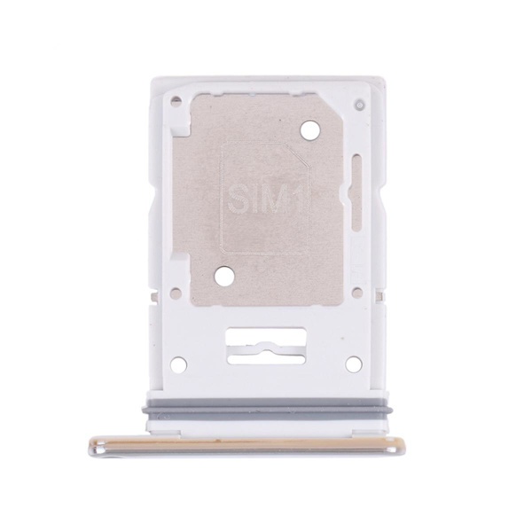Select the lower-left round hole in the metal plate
224,275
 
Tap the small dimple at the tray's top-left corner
176,99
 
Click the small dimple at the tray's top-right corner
359,105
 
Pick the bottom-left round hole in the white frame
178,364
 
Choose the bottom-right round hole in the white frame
353,364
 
